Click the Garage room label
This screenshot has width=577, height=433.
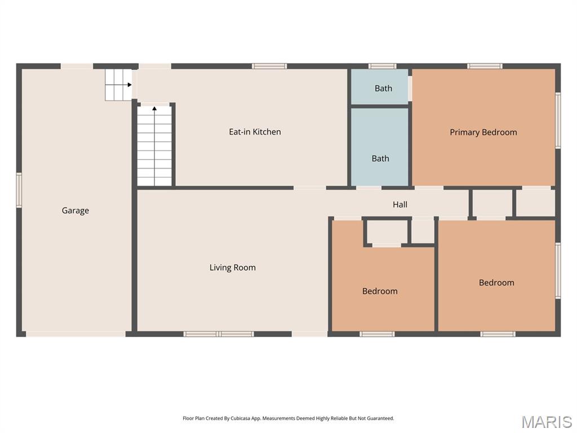pos(75,210)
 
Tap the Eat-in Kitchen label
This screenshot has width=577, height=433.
pos(255,131)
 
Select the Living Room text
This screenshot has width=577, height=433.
pos(232,267)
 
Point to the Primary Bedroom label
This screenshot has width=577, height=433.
pos(483,132)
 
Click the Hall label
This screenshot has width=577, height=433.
pos(400,204)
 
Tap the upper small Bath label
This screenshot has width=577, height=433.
pos(383,88)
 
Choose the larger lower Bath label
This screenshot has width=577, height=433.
pos(380,158)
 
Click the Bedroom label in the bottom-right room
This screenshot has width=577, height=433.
pos(496,282)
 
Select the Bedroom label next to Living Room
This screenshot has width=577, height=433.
pos(380,291)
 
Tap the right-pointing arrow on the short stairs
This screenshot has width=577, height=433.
pos(129,85)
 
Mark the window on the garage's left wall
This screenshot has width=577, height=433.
pos(19,191)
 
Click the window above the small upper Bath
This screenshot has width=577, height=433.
pos(383,66)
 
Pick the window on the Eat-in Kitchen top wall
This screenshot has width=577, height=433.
pos(269,66)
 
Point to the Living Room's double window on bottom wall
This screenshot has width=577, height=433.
pos(219,334)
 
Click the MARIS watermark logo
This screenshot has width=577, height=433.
pos(547,421)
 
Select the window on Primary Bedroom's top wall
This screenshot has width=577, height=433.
pos(485,66)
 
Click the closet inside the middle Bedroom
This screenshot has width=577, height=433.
pos(387,232)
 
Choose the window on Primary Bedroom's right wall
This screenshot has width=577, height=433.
pos(558,121)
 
